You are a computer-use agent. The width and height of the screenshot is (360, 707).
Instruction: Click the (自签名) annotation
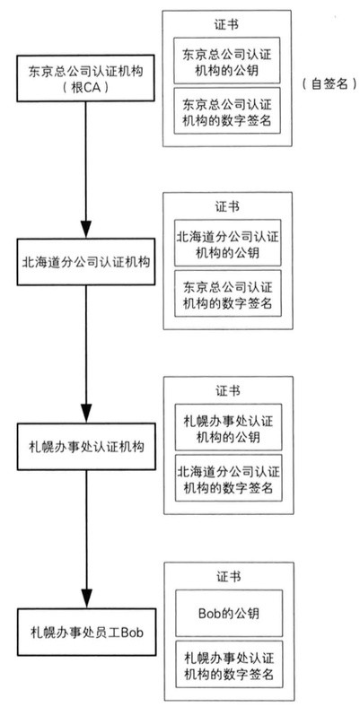click(x=328, y=80)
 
